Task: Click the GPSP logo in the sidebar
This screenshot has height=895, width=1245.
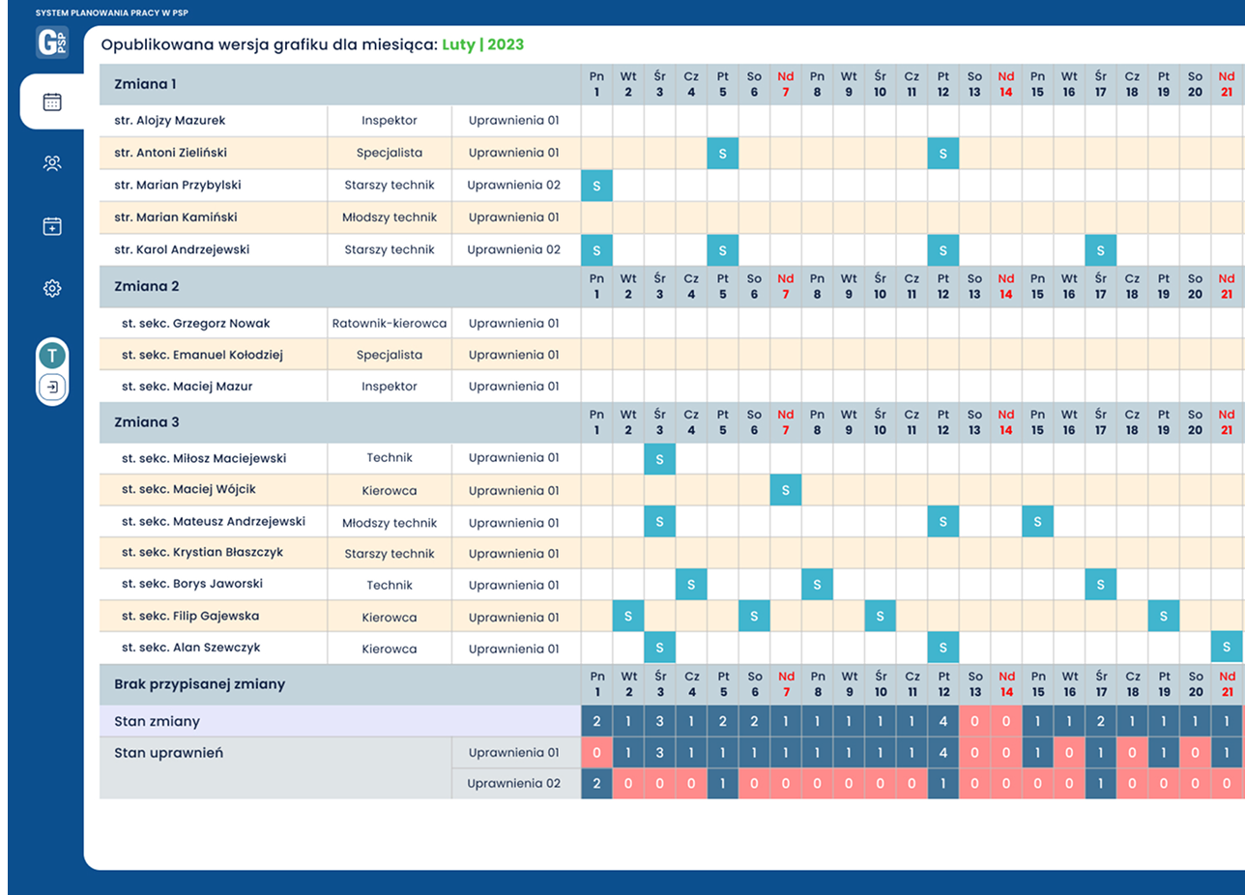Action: [x=52, y=43]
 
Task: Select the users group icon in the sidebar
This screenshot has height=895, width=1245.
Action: [x=52, y=163]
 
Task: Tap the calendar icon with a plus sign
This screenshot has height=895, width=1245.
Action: [x=52, y=226]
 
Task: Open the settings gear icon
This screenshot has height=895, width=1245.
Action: [x=52, y=288]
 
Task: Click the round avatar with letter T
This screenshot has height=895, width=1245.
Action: [x=52, y=356]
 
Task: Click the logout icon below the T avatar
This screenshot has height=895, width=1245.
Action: [x=52, y=388]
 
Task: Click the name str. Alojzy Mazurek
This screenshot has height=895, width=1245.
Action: [x=169, y=121]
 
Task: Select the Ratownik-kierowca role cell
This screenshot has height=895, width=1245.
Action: [x=389, y=323]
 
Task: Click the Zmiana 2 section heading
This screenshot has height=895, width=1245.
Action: [x=147, y=286]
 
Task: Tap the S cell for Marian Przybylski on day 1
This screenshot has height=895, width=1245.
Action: [x=596, y=186]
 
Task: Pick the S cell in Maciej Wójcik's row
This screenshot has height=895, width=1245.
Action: [x=785, y=491]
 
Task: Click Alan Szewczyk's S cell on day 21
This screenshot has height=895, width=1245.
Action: [x=1226, y=648]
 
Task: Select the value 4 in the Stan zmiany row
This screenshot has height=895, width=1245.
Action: [x=943, y=721]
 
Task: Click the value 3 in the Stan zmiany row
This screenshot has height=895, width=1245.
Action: [x=659, y=721]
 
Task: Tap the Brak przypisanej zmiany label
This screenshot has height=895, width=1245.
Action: [x=199, y=684]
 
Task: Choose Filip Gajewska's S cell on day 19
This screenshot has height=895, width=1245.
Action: [x=1163, y=616]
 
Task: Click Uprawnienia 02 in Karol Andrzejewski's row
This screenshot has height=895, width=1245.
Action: [x=513, y=249]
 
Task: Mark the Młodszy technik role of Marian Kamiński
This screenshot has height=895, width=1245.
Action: [x=389, y=217]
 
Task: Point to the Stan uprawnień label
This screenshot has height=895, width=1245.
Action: [x=168, y=753]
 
